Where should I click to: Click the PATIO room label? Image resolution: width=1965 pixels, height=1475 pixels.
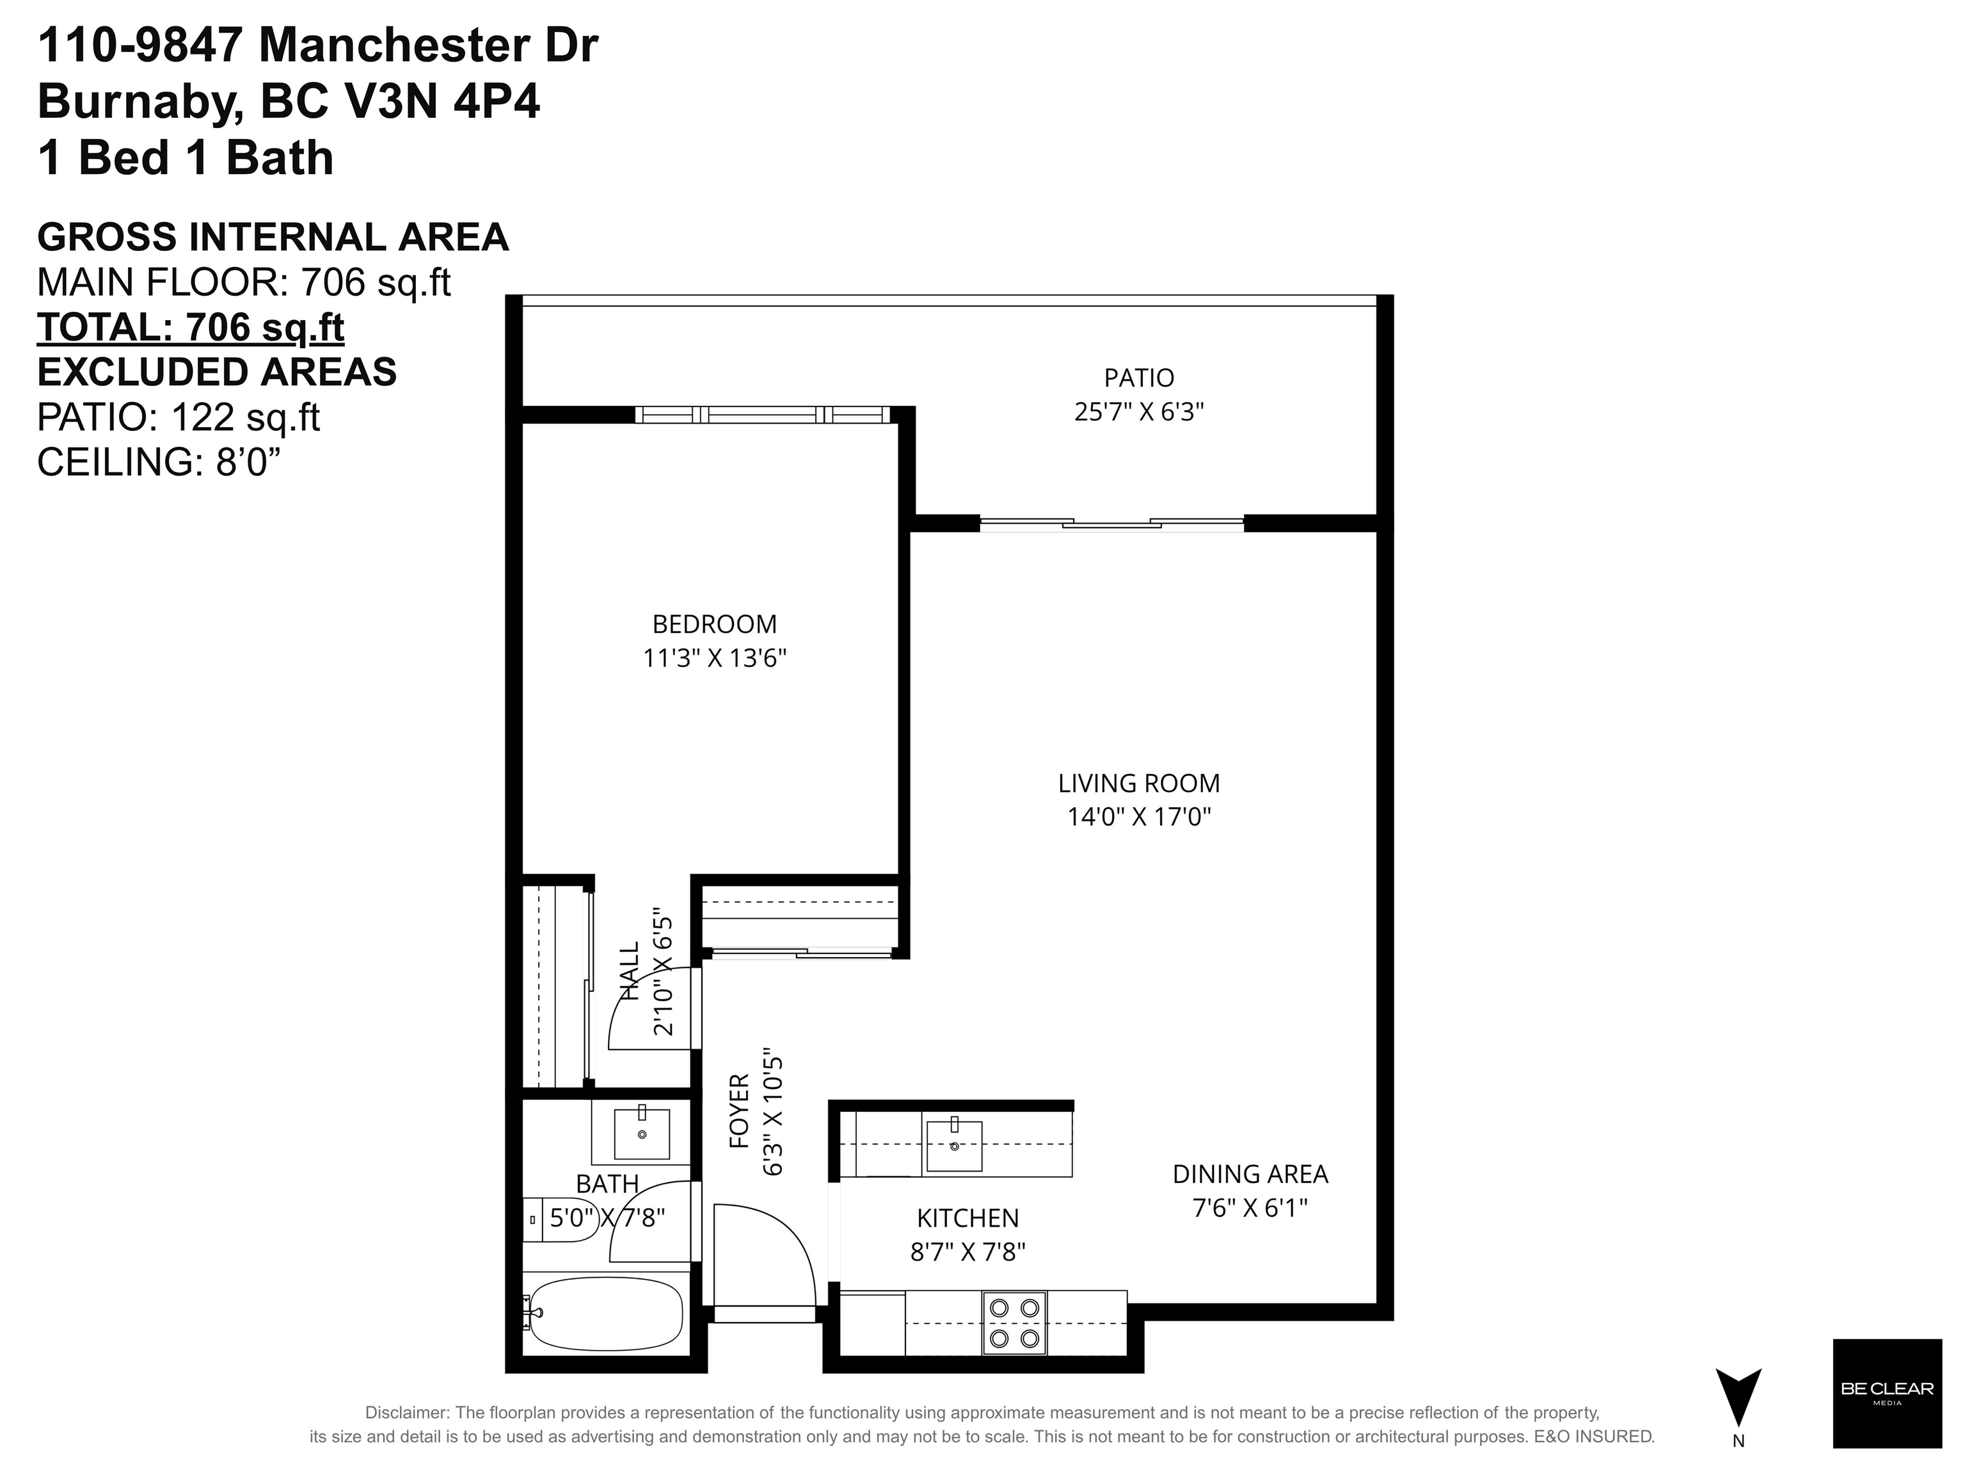(x=1139, y=378)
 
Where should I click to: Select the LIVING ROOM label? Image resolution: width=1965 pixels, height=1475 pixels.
(x=1139, y=783)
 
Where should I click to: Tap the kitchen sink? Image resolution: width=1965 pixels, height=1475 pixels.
(x=954, y=1145)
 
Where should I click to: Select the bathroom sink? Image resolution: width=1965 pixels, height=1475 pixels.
(x=641, y=1133)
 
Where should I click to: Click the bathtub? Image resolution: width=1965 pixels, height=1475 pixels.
(x=604, y=1313)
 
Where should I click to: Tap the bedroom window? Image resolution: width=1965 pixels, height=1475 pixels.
(x=762, y=414)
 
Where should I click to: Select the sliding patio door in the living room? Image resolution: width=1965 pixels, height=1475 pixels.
(x=1111, y=524)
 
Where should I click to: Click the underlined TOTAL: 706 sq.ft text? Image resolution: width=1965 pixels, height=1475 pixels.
(x=190, y=328)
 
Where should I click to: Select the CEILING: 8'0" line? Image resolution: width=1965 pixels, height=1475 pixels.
(x=165, y=462)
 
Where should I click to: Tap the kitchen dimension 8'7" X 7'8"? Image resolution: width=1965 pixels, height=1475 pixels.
(x=967, y=1252)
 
